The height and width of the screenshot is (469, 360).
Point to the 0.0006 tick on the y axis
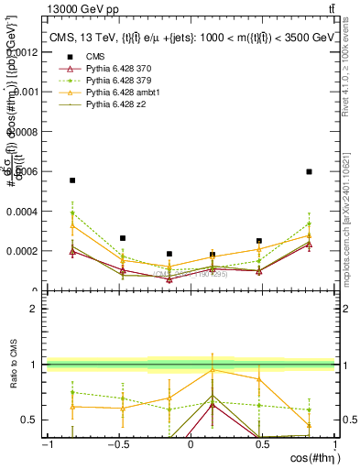click(27, 171)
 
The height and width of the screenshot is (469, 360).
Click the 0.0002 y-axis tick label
click(27, 250)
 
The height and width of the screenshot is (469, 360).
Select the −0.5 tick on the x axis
click(118, 443)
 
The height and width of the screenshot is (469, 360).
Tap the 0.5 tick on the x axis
click(263, 443)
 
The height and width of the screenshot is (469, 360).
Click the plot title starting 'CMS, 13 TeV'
click(192, 38)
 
